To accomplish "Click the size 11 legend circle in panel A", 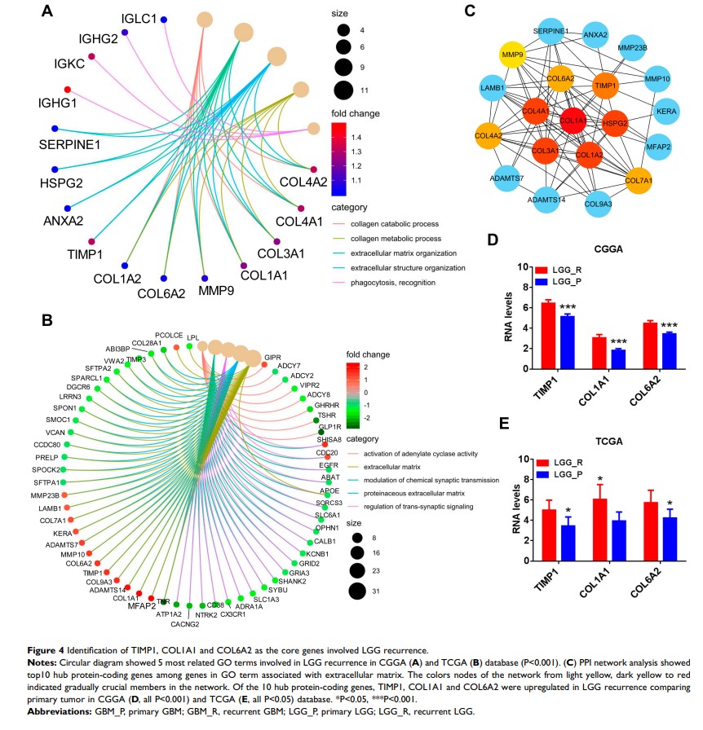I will click(x=343, y=90).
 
